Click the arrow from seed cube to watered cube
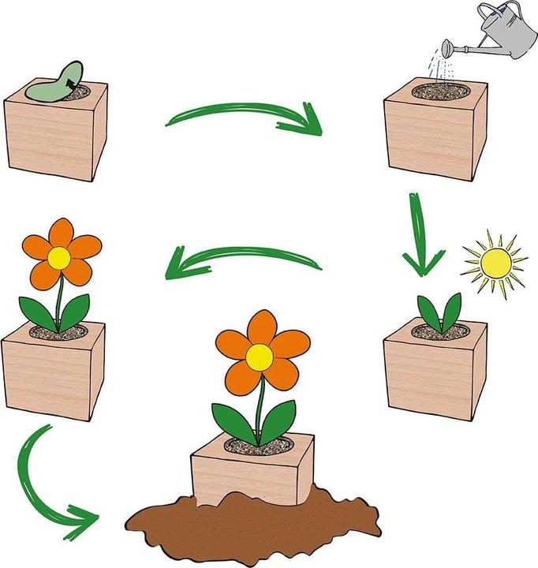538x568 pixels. pos(245,116)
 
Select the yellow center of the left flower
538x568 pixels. pos(59,256)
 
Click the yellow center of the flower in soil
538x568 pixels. pos(259,357)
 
